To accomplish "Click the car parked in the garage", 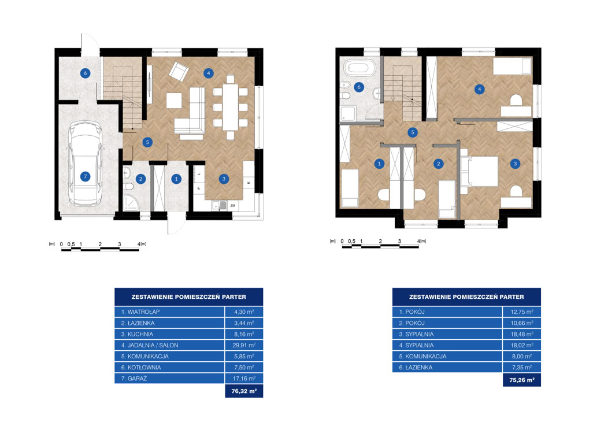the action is point(85,164).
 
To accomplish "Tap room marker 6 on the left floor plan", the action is point(86,73).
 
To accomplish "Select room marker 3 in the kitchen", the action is point(224,179).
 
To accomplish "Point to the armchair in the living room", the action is point(179,71).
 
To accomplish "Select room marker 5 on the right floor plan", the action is point(413,132).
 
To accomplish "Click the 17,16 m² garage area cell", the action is point(244,379).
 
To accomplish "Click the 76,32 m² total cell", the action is point(244,391).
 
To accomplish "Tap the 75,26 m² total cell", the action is point(521,380).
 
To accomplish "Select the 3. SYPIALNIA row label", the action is point(416,334).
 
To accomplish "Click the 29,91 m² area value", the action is point(244,345).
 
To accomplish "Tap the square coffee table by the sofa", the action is point(174,101).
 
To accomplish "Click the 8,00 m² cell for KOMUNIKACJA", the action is point(521,357).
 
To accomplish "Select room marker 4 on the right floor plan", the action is point(479,89).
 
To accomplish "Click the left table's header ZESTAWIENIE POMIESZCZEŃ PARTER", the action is point(189,297).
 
